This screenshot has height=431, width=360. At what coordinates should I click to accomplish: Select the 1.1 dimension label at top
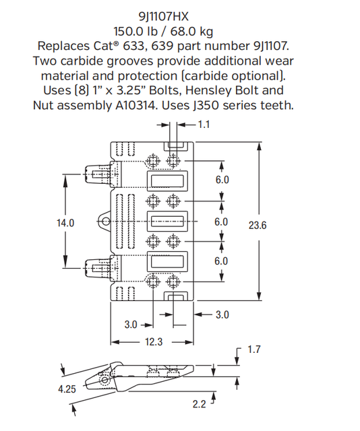point(205,125)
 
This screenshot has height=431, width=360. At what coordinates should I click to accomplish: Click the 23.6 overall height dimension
point(258,225)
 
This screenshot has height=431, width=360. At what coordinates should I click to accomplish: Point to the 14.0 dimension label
point(65,222)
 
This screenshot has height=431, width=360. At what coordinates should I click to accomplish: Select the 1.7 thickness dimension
point(254,350)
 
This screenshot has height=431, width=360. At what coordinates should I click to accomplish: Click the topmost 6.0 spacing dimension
point(221,180)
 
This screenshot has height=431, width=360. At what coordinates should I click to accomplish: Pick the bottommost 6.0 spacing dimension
point(221,261)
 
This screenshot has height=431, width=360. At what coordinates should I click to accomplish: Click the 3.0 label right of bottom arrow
point(222,314)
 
